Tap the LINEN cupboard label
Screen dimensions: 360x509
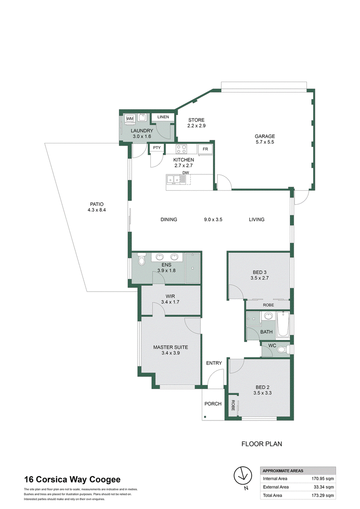point(163,117)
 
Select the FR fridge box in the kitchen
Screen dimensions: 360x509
point(205,149)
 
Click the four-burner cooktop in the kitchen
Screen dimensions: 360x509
point(181,149)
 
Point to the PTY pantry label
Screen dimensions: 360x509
point(157,147)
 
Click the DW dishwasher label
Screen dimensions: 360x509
point(185,173)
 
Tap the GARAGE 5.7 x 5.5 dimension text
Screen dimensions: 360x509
point(265,142)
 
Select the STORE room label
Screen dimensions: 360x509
point(197,120)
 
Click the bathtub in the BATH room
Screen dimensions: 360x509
point(283,324)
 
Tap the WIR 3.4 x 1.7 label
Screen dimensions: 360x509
point(170,299)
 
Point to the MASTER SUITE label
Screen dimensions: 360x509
point(171,347)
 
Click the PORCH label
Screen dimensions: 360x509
point(213,403)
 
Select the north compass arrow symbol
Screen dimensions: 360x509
point(243,476)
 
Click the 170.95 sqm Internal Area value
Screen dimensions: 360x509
point(323,478)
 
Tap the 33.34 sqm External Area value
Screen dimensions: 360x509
point(324,487)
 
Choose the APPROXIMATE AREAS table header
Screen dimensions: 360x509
point(283,471)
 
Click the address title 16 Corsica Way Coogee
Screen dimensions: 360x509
point(72,479)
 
